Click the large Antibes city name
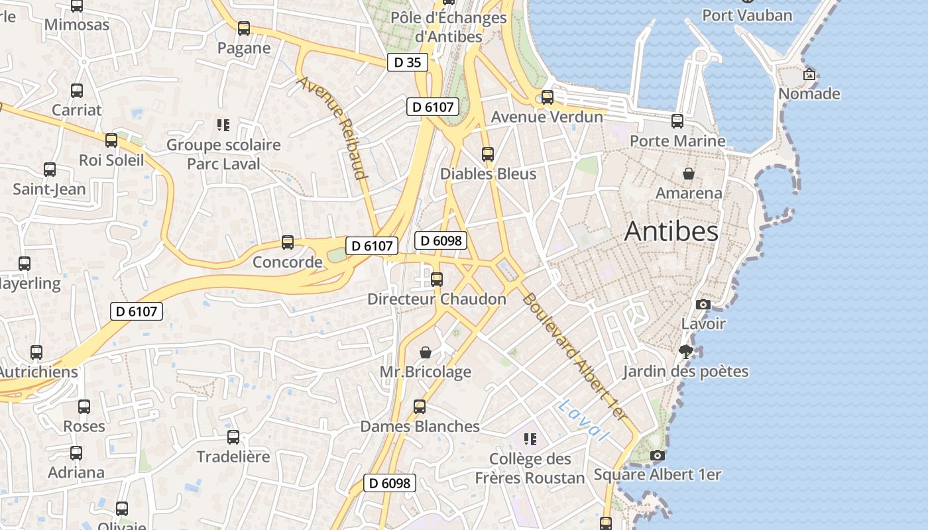(671, 231)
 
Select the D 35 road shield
(407, 62)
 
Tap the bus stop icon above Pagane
(244, 28)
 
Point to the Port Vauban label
(747, 15)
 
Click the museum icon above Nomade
(809, 74)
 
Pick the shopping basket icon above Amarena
(689, 174)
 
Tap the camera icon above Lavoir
(703, 305)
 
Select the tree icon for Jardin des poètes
(685, 352)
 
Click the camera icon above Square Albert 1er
(658, 455)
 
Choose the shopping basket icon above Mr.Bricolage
(426, 352)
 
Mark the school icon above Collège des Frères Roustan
(530, 439)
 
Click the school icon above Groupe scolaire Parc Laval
(223, 125)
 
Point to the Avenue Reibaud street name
(332, 128)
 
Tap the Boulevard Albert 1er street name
(574, 356)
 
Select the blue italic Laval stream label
(583, 421)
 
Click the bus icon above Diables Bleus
(488, 154)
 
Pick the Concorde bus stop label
(288, 262)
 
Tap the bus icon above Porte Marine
(677, 121)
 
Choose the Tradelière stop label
(233, 456)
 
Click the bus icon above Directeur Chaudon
(437, 280)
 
